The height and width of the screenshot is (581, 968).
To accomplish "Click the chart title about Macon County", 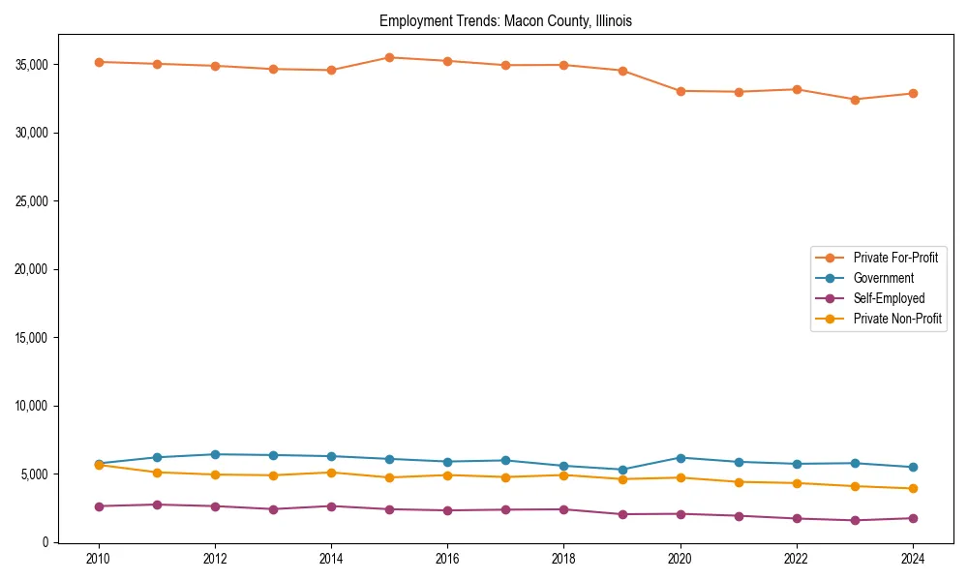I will (505, 20).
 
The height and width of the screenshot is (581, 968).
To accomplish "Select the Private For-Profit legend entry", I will (894, 258).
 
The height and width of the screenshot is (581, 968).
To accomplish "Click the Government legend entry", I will (883, 278).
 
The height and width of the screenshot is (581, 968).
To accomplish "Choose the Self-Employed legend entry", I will (889, 298).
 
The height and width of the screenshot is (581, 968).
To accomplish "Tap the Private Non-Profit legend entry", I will (897, 319).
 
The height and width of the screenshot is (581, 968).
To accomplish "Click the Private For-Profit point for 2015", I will (389, 57).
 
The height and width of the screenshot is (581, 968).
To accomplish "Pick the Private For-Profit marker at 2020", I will (681, 91).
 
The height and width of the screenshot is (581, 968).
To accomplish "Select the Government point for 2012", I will (215, 454).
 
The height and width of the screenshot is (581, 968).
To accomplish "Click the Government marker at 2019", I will (622, 470).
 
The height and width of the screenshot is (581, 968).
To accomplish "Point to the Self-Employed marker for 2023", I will (855, 520).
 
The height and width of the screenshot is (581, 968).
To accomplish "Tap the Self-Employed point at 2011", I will (157, 505).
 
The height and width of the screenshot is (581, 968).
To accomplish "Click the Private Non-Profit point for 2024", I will (913, 488).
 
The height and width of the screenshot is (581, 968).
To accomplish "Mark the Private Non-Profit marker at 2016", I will (447, 475).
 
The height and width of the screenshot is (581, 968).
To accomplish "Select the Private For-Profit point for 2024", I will (913, 94).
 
